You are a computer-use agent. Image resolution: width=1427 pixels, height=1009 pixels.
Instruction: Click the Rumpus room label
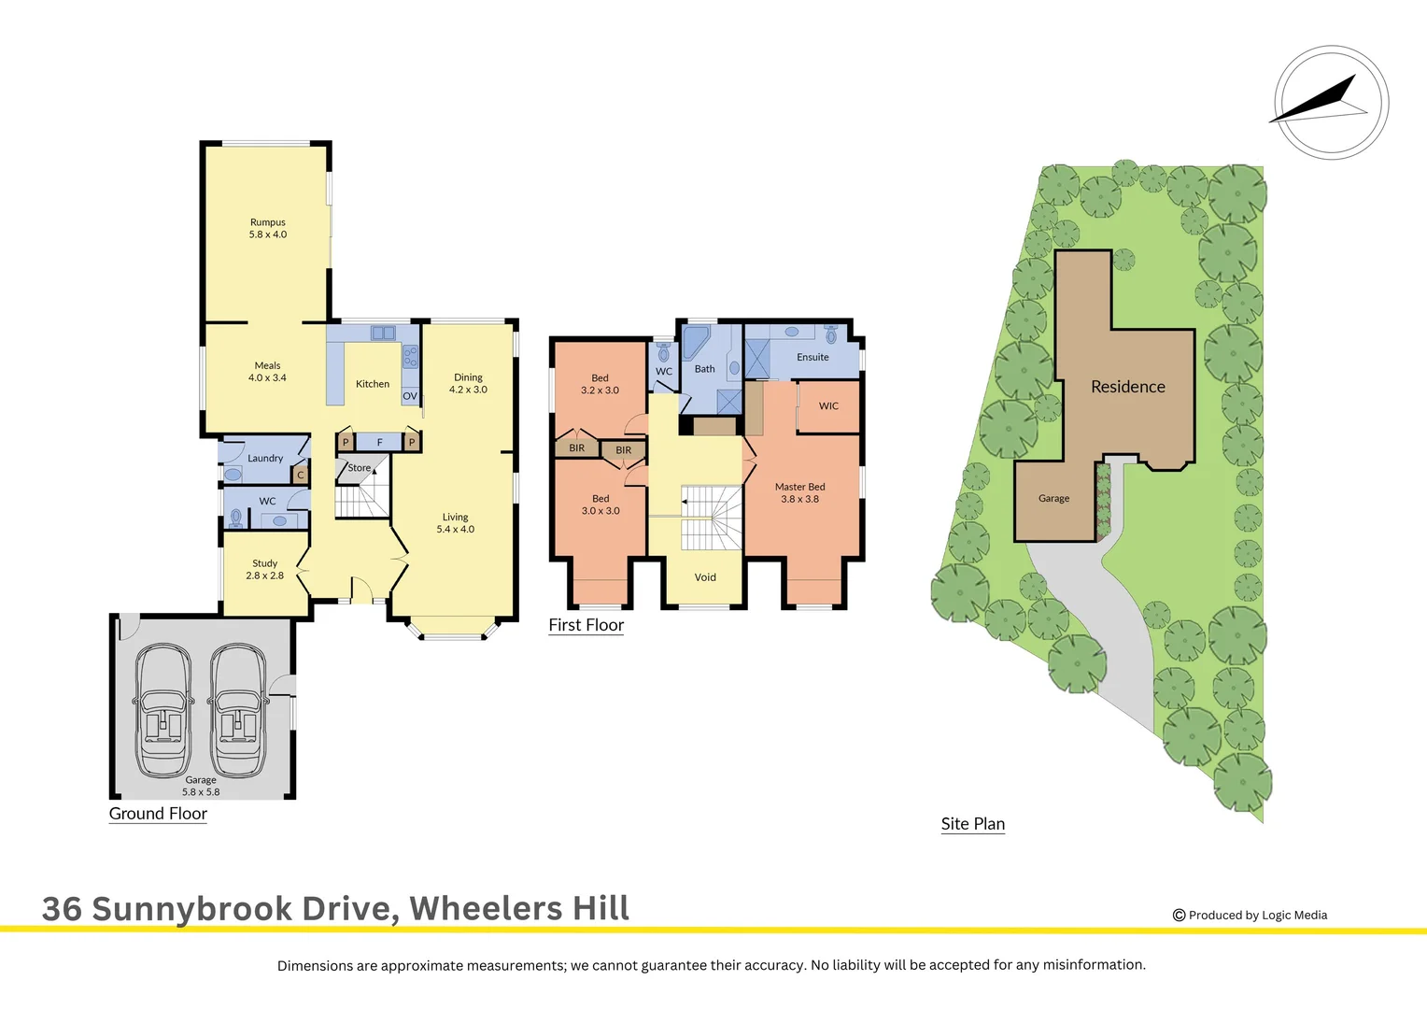point(268,229)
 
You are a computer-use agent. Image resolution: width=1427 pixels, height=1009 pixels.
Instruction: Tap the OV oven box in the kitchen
point(410,396)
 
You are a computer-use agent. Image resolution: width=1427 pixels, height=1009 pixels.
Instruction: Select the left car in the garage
point(163,710)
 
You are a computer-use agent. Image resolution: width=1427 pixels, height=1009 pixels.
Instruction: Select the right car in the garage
point(238,710)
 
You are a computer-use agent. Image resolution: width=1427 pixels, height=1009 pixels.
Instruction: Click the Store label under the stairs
point(360,468)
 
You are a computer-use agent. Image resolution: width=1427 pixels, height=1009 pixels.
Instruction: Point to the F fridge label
point(379,443)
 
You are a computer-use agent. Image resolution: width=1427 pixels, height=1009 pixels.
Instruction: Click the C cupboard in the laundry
point(301,476)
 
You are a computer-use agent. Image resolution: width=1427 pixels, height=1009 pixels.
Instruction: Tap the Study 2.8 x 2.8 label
point(265,570)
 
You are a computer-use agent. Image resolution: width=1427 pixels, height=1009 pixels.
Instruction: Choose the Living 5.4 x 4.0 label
point(456,523)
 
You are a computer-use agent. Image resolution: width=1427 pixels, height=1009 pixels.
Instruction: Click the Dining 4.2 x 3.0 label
point(468,384)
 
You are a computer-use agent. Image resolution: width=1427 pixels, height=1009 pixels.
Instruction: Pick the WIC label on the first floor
point(828,406)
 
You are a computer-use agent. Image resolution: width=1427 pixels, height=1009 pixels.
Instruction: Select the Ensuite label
point(812,357)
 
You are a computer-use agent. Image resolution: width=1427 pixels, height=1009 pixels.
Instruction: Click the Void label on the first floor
point(705,577)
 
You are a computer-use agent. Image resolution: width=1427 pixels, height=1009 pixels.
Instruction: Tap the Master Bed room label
point(800,493)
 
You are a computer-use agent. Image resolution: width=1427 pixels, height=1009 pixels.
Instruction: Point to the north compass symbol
point(1331,102)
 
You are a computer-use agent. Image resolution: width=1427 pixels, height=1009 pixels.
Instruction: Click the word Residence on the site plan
point(1128,387)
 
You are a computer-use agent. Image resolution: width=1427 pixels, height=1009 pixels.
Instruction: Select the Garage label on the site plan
point(1053,499)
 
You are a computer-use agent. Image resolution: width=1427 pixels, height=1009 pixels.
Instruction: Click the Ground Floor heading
point(158,814)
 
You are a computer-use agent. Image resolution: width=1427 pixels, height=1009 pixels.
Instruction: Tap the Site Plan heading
point(973,824)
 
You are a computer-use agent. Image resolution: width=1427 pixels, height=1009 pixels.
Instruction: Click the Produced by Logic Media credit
point(1250,916)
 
